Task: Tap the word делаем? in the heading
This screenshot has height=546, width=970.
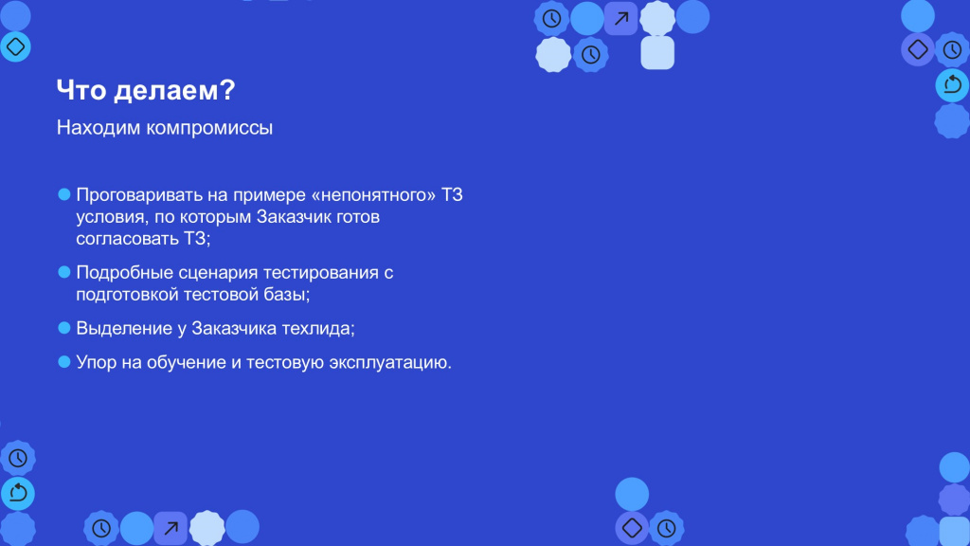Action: [174, 91]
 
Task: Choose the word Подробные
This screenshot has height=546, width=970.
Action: [124, 273]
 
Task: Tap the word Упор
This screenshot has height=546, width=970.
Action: [97, 363]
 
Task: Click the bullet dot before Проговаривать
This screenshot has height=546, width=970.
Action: [64, 195]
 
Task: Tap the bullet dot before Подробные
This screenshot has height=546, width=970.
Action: [64, 272]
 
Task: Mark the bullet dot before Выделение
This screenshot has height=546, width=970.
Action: [64, 328]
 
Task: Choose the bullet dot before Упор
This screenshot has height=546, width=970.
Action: [64, 362]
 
